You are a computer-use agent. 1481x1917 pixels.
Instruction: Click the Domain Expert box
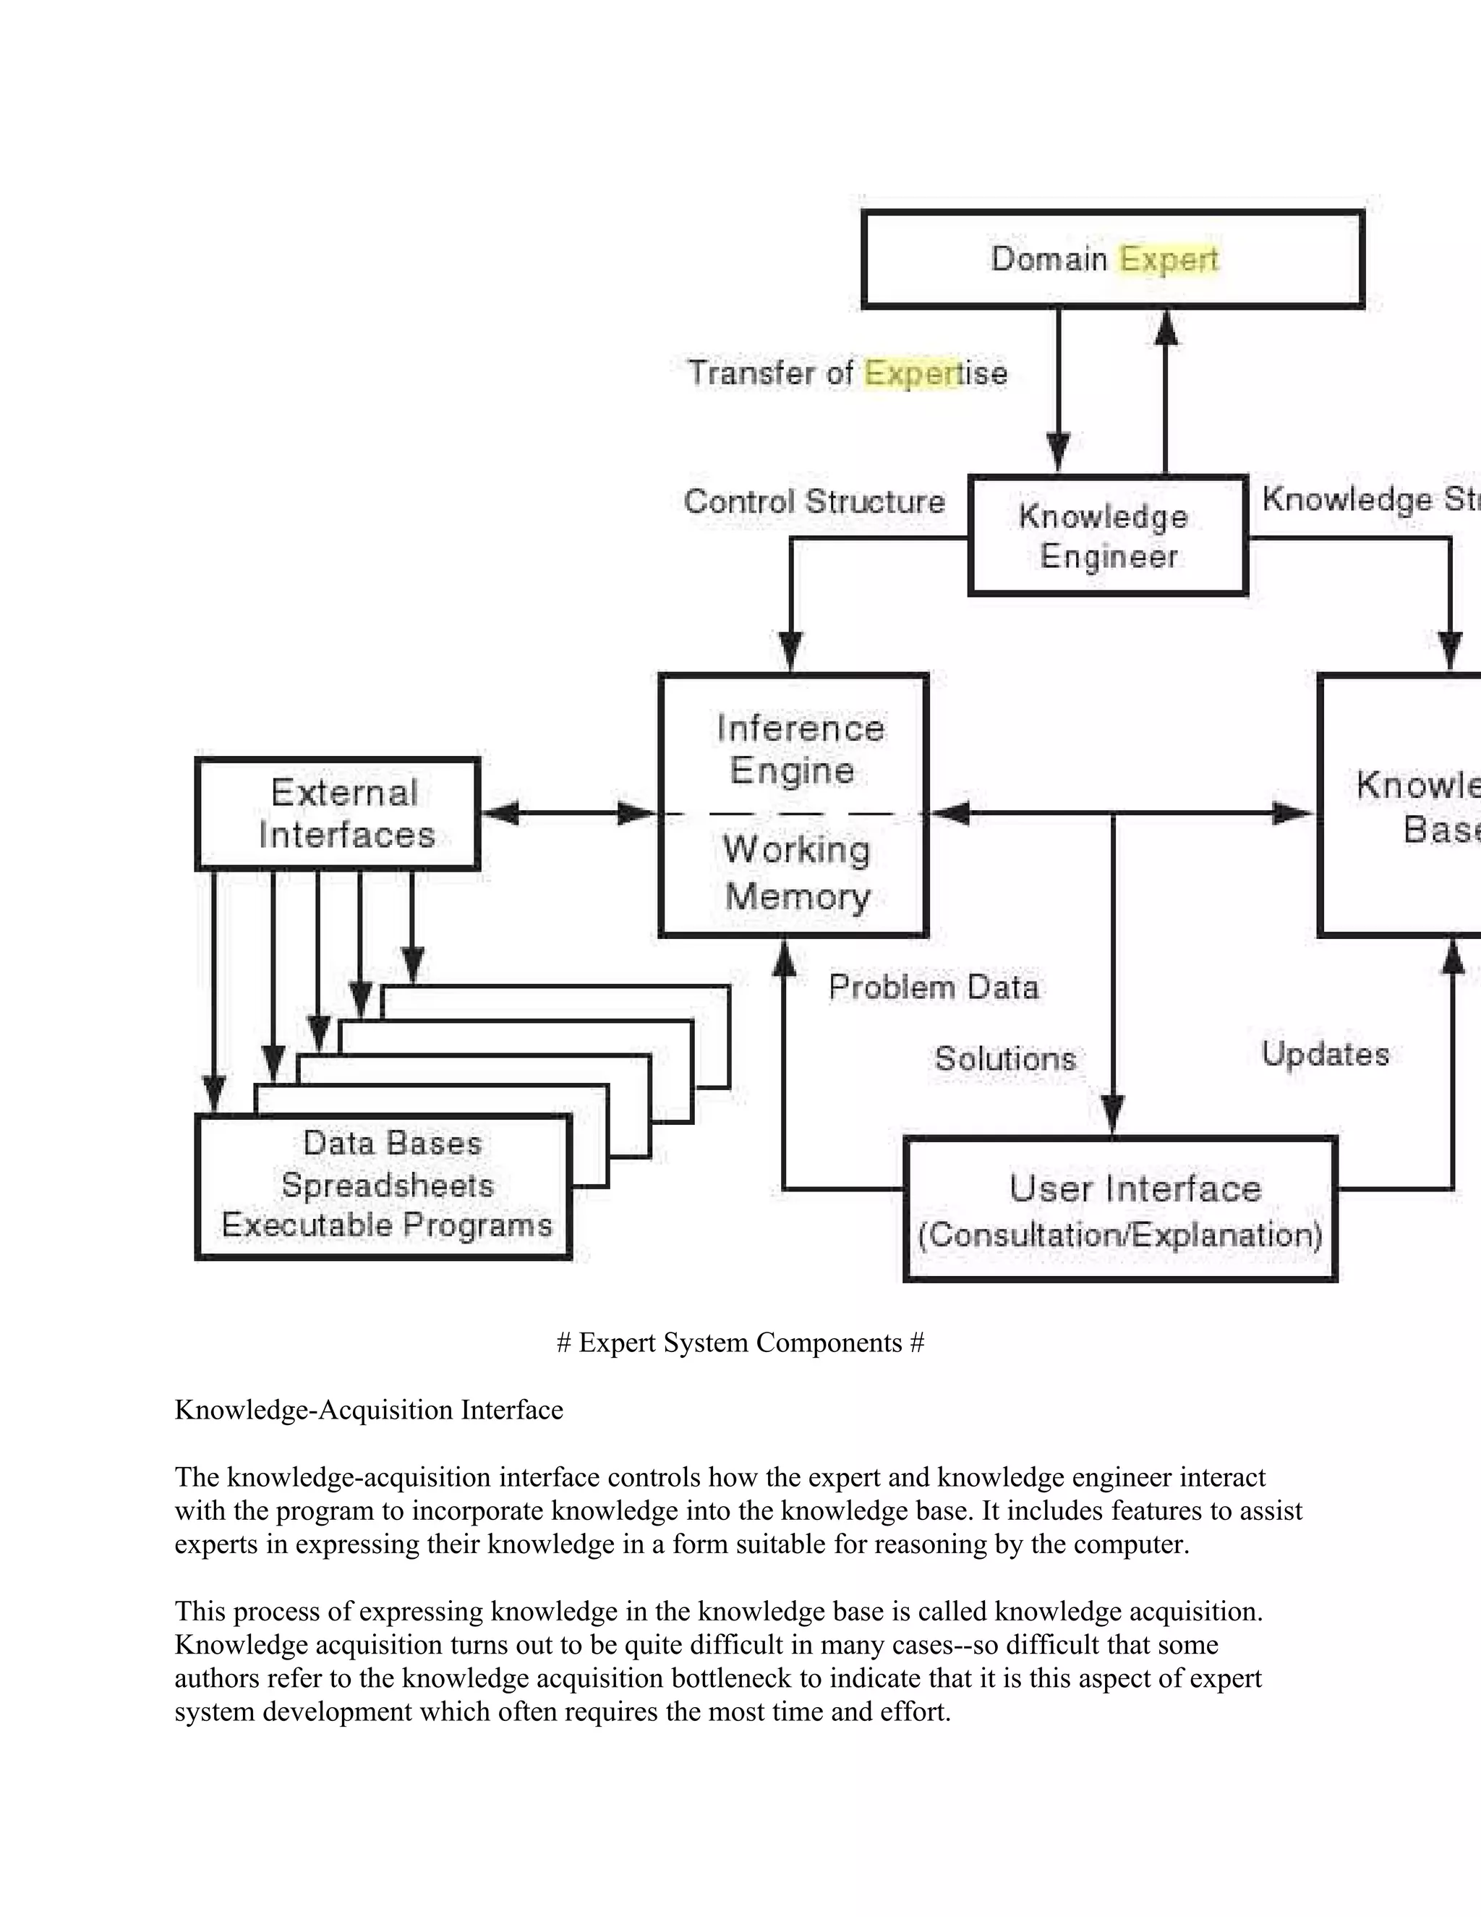[1111, 259]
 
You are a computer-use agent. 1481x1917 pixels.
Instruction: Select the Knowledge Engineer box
[1107, 535]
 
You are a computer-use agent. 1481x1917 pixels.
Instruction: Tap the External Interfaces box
[338, 814]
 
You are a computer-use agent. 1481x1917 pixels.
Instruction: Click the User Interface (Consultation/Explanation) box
[1120, 1209]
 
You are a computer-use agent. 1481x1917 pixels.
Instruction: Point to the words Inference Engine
[798, 749]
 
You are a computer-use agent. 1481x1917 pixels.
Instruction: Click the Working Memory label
[797, 872]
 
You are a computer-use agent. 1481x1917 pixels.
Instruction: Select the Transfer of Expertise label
[847, 373]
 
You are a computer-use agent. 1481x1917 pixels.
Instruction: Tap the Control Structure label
[814, 502]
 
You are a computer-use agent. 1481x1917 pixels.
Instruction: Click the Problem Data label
[934, 987]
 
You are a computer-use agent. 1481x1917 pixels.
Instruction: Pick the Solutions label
[1004, 1058]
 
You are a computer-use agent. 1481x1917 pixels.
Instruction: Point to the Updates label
[1325, 1054]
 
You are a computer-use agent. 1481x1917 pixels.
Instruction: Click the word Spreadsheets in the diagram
[387, 1185]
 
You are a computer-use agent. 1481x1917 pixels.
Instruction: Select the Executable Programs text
[387, 1225]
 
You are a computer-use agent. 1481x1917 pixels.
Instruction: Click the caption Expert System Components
[740, 1343]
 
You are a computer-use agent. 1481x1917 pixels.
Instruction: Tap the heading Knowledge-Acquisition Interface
[369, 1410]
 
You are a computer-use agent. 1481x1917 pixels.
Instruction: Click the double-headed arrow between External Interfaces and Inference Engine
[568, 814]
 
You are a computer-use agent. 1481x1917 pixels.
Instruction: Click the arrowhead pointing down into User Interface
[1112, 1116]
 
